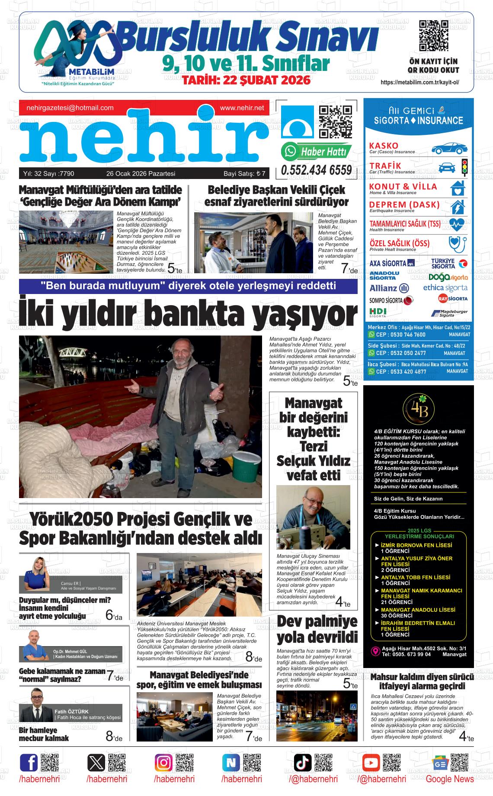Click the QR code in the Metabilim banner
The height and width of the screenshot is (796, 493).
click(433, 36)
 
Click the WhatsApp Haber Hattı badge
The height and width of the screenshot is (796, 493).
click(316, 151)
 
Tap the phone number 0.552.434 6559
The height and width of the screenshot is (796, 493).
click(316, 170)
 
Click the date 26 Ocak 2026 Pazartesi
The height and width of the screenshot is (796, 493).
click(141, 174)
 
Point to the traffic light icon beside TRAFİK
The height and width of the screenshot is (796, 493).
click(464, 167)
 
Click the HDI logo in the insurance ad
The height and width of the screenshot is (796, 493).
click(378, 311)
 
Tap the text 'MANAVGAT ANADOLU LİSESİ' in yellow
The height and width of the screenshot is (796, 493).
click(418, 610)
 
